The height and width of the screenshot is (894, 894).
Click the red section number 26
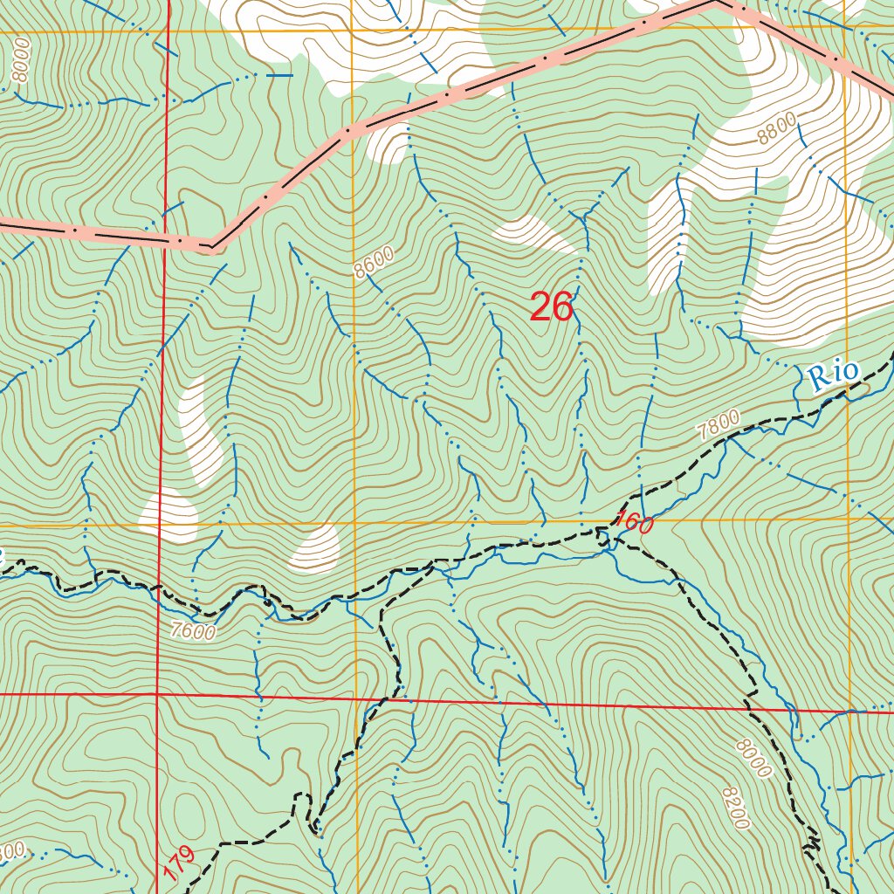(551, 307)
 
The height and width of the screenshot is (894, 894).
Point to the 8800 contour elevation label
(776, 133)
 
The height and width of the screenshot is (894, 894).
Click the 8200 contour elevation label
(736, 808)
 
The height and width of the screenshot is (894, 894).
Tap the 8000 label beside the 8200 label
(753, 758)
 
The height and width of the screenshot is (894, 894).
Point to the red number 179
(177, 863)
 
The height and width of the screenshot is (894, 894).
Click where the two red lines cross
(156, 694)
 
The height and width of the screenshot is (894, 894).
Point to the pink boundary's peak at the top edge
(714, 3)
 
